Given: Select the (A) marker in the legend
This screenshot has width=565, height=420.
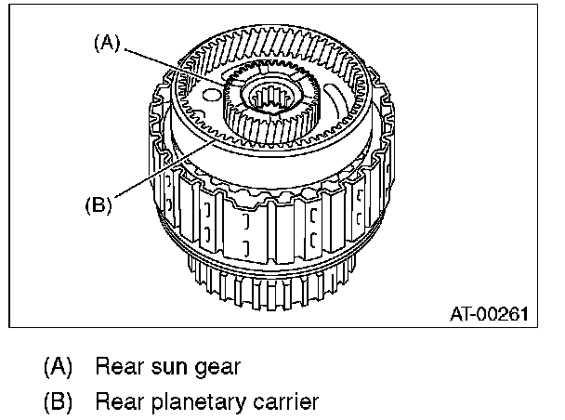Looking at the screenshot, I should tap(59, 366).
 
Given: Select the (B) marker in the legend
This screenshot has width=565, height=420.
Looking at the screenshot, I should tap(59, 401).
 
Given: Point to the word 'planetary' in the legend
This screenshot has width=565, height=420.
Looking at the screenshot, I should tap(199, 402).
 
